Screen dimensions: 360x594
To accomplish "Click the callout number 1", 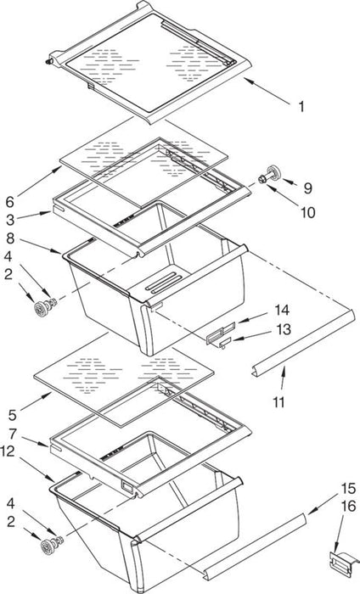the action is [301, 107].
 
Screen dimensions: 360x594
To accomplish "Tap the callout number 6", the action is [9, 202].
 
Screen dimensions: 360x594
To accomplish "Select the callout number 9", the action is [307, 188].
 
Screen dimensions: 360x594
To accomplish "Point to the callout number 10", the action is [308, 212].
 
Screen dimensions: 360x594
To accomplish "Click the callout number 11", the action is [278, 402].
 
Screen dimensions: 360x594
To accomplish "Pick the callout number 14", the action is [283, 311].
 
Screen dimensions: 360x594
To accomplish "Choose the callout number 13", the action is [284, 329].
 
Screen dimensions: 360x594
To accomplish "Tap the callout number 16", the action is [349, 506].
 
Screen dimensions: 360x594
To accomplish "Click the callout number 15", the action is [349, 488].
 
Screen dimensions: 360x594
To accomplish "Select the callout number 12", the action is [9, 451].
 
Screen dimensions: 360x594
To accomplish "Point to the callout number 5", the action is [12, 415].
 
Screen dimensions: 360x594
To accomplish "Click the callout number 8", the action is [9, 239].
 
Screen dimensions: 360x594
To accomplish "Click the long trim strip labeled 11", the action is [303, 344].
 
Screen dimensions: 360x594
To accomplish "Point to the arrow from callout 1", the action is [268, 91].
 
